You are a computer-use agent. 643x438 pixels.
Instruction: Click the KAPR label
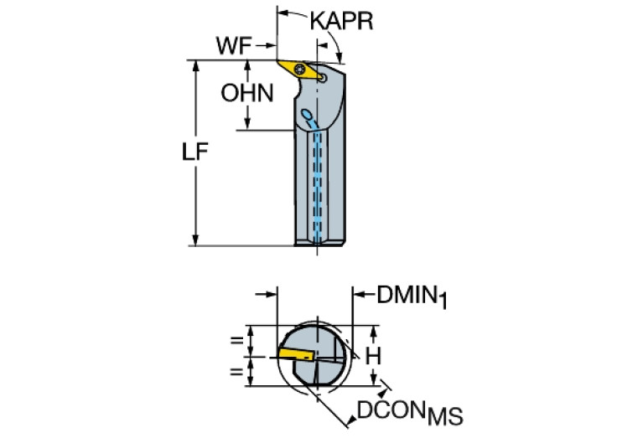click(341, 21)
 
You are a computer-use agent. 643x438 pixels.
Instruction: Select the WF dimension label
click(233, 45)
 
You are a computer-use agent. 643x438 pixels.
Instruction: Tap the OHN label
click(247, 93)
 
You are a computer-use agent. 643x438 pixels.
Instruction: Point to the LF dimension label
click(194, 152)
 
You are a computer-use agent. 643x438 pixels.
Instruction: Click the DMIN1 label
click(412, 296)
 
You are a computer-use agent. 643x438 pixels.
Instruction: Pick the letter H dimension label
click(373, 356)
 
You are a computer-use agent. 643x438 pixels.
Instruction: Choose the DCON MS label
click(410, 413)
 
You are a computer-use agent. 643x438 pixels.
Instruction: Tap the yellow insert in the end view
click(296, 353)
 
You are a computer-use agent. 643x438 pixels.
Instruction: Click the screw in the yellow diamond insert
click(299, 69)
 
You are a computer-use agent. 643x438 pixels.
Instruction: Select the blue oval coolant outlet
click(306, 114)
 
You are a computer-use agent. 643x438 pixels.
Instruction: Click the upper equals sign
click(236, 340)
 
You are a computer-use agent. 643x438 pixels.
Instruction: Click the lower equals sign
click(236, 371)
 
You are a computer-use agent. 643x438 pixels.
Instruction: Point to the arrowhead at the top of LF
click(195, 66)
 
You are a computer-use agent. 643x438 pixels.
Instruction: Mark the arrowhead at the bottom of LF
click(195, 240)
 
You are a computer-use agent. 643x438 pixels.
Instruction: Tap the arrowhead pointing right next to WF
click(271, 45)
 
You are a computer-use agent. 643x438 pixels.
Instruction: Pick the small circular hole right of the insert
click(323, 77)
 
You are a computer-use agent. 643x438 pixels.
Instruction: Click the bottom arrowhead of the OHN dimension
click(247, 124)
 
